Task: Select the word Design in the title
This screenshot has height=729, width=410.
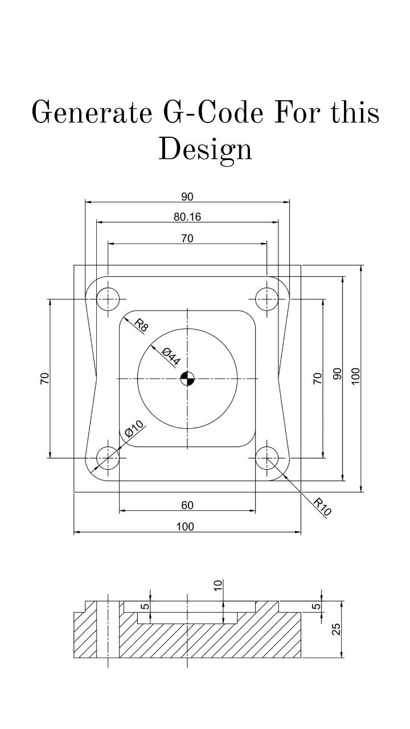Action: [205, 149]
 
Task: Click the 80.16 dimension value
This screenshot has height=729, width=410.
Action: [187, 217]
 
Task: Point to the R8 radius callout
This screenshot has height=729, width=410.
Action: [141, 326]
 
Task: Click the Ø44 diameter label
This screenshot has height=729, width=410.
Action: [171, 356]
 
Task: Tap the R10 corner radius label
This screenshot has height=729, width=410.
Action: [322, 506]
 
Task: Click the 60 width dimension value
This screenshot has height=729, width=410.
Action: [187, 505]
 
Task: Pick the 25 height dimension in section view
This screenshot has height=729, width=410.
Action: [336, 629]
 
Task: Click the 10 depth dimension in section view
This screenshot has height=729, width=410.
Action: [218, 586]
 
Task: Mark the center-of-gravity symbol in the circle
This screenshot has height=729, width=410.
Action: [187, 378]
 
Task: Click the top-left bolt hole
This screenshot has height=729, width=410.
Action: [108, 298]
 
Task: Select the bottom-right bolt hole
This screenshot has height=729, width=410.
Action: [267, 458]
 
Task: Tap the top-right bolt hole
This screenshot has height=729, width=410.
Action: [267, 298]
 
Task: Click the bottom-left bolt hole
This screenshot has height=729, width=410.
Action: [108, 458]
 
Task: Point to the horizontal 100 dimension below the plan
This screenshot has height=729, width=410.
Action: [185, 527]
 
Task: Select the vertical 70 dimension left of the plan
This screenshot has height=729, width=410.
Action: [44, 378]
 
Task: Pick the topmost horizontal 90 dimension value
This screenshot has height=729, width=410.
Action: [187, 197]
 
